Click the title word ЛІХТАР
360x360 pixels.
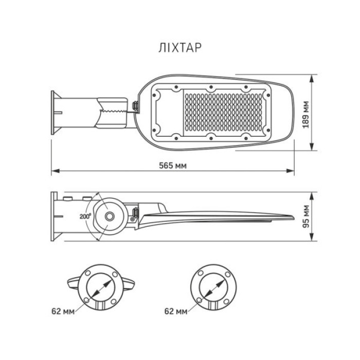click(x=179, y=47)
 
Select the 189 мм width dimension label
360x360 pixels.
click(x=307, y=115)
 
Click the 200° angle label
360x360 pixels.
click(x=86, y=217)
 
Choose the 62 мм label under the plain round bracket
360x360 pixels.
click(x=176, y=311)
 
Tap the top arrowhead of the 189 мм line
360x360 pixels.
click(x=313, y=79)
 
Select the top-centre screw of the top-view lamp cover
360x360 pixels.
click(x=210, y=87)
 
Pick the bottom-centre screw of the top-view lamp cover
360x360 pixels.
click(x=210, y=138)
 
